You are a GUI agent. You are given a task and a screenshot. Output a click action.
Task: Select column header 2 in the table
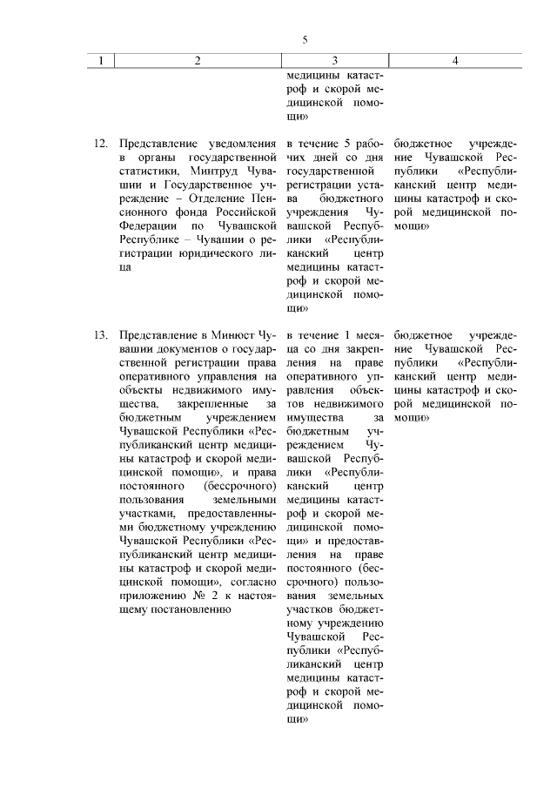point(198,60)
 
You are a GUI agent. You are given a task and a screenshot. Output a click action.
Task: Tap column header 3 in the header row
point(335,60)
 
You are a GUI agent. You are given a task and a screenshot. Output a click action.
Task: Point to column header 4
point(455,60)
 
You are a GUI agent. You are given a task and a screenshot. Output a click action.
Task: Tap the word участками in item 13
point(144,515)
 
